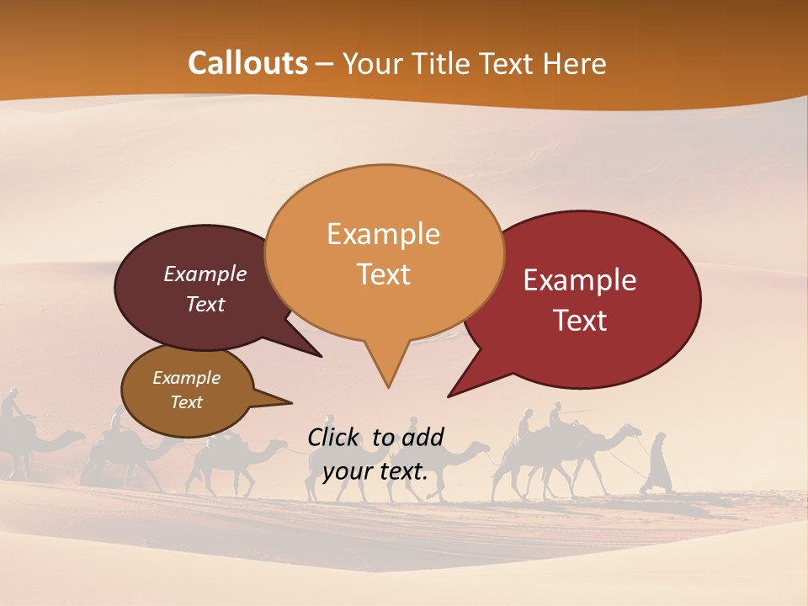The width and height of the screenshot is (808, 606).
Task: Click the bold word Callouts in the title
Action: point(247,64)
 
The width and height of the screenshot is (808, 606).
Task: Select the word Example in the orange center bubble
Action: point(383,234)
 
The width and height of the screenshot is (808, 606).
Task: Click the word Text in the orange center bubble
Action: point(383,274)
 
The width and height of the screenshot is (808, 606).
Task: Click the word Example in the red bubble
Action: point(580,280)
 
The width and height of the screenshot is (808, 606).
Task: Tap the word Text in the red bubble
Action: point(580,321)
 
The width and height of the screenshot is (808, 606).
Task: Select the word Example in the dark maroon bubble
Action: point(205,274)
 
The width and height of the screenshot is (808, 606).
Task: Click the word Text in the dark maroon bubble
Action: point(205,305)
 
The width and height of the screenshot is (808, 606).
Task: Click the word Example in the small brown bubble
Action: point(186,378)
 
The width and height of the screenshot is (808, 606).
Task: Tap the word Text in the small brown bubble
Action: point(186,402)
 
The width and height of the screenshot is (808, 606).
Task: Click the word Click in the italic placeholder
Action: point(335,437)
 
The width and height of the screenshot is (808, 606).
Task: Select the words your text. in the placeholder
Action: point(375,471)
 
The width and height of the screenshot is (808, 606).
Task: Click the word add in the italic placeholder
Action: point(422,437)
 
